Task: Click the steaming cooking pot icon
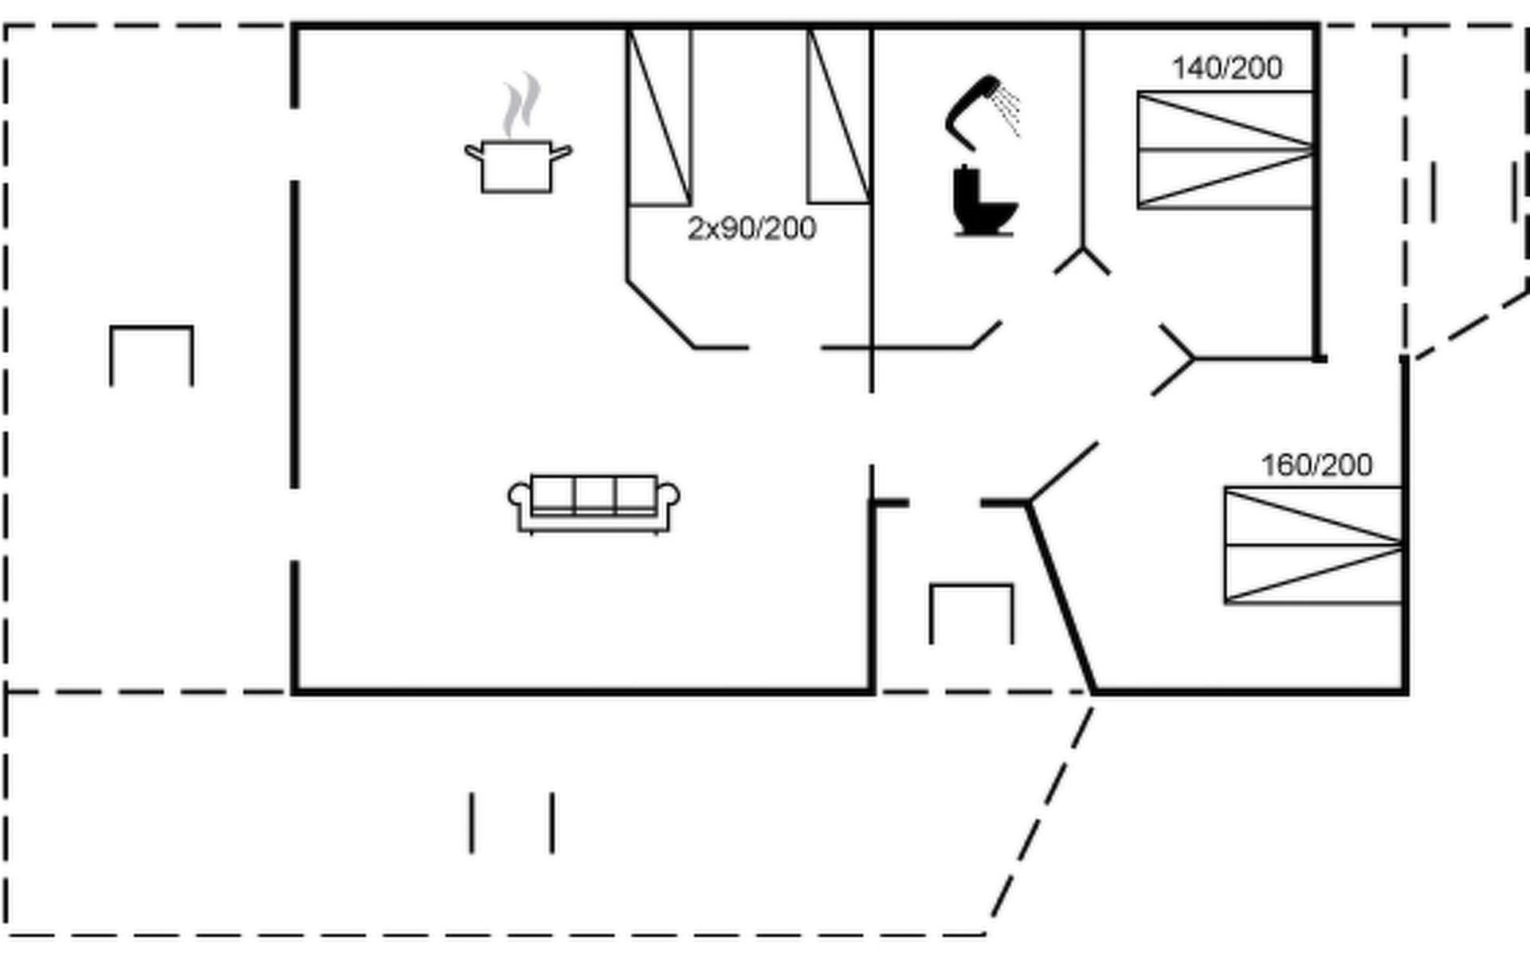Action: point(516,166)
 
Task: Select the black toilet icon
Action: point(984,203)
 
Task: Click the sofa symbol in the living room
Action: point(594,504)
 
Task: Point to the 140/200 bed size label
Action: point(1226,69)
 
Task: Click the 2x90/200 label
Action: point(751,229)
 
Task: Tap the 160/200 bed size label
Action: point(1316,465)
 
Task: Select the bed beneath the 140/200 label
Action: point(1224,150)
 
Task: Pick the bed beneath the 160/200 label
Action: point(1312,545)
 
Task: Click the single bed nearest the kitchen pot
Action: point(660,117)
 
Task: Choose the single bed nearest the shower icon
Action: point(839,117)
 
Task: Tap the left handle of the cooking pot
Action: point(474,151)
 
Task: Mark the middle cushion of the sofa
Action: point(594,494)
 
